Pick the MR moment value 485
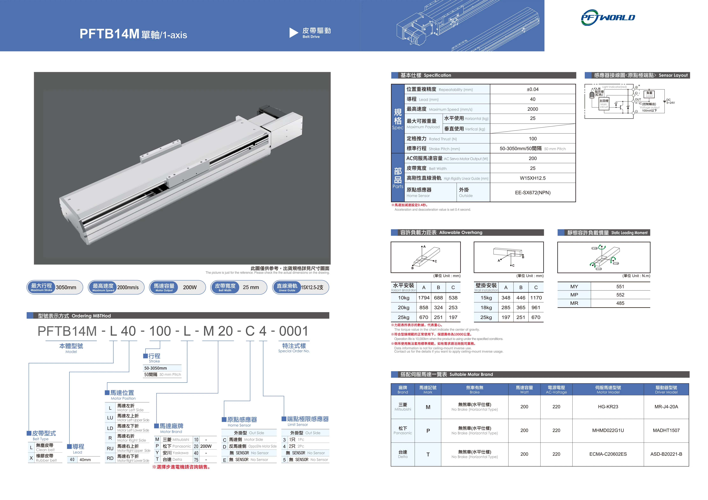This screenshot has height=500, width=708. pos(620,303)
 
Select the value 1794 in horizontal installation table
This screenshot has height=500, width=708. pos(424,298)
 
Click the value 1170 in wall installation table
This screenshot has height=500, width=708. pos(536,298)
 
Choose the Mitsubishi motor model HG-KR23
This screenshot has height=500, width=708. pos(608,407)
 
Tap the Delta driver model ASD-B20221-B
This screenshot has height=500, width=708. pos(666,454)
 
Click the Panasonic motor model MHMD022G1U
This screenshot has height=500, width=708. pos(608,431)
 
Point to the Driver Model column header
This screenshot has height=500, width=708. pos(666,390)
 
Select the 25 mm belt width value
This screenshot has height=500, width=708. pos(251,287)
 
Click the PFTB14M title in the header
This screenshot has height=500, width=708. pos(110,34)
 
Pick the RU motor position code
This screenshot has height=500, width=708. pos(110,449)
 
